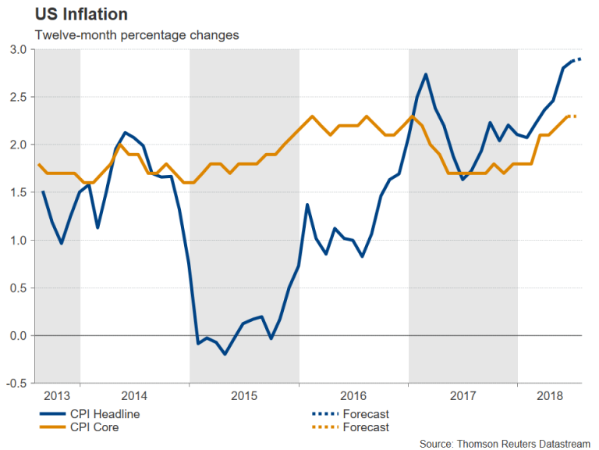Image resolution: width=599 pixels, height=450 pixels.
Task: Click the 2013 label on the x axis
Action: coord(57,395)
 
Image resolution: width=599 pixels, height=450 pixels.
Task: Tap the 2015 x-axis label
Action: coord(244,395)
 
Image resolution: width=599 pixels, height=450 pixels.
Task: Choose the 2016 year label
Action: coord(353,395)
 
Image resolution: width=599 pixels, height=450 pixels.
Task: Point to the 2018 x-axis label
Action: coord(550,395)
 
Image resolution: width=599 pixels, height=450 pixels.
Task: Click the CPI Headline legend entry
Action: coord(104,413)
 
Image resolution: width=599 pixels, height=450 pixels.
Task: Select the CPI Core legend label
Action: coord(93,427)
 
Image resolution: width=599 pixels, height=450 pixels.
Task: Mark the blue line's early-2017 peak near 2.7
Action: coord(426,74)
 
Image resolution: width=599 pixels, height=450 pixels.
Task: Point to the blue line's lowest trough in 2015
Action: coord(225,354)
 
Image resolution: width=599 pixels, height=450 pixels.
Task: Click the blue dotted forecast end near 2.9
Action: coord(580,59)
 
